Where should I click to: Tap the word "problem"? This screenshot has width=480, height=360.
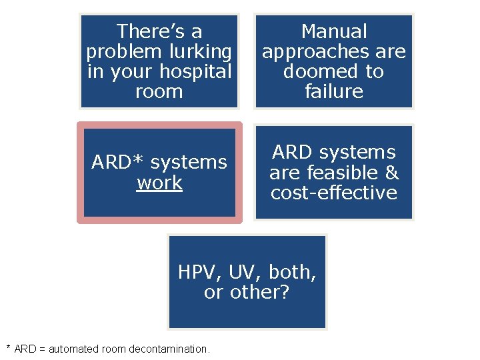[x=118, y=51]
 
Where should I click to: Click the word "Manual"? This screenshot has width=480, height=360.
[x=334, y=31]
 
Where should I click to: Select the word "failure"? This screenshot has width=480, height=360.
[x=334, y=91]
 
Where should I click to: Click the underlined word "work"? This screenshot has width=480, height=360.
[x=159, y=183]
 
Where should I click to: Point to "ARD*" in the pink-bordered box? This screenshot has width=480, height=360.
[x=117, y=163]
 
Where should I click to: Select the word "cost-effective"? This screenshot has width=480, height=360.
[x=334, y=193]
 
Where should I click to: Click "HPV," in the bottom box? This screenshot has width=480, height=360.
[x=201, y=272]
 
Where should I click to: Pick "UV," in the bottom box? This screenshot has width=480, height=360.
[x=244, y=272]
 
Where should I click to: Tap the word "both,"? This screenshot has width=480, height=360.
[x=291, y=272]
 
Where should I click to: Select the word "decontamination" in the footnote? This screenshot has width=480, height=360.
[x=166, y=349]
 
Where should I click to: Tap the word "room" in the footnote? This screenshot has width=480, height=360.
[x=111, y=349]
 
